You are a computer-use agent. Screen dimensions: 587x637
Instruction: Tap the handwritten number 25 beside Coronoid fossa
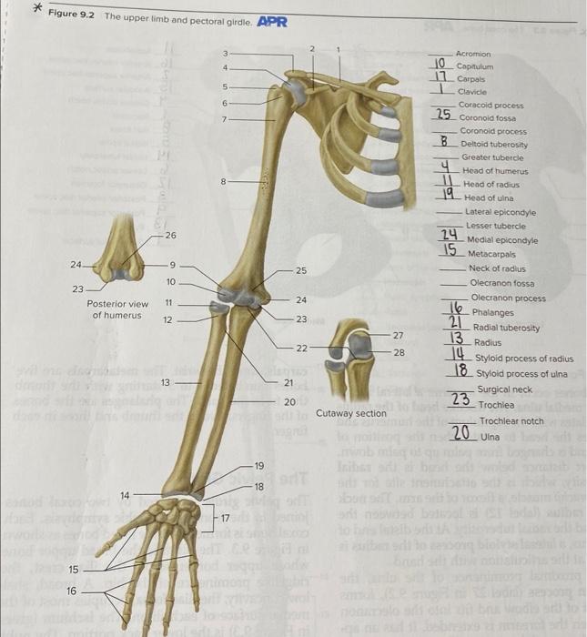click(x=443, y=115)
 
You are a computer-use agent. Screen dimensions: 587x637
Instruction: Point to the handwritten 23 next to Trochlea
click(x=460, y=399)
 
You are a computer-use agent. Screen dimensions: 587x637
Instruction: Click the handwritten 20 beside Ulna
click(x=460, y=434)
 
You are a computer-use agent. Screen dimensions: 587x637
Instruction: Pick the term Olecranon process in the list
click(x=508, y=298)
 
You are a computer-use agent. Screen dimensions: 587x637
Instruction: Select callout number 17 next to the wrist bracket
click(x=224, y=518)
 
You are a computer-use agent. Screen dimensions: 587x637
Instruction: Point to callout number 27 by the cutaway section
click(x=398, y=336)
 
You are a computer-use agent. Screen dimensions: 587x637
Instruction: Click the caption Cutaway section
click(x=351, y=413)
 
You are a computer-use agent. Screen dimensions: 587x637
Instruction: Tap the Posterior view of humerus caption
click(x=117, y=309)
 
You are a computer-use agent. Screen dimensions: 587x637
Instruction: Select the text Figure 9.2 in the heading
click(x=75, y=16)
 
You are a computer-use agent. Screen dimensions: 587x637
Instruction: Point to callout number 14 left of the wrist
click(x=126, y=494)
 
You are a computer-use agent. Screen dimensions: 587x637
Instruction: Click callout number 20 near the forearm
click(x=289, y=401)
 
